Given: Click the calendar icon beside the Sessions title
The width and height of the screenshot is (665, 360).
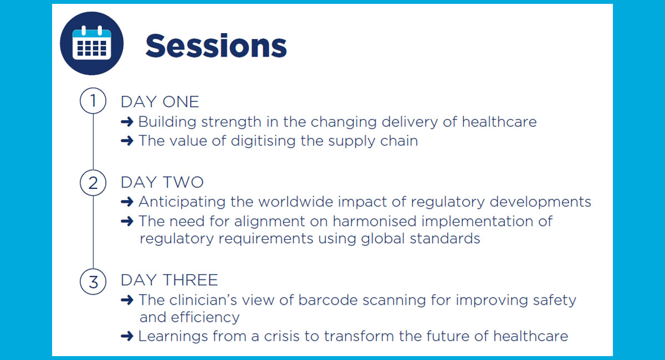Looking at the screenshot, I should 91,44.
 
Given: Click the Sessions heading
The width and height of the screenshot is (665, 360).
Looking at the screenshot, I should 216,45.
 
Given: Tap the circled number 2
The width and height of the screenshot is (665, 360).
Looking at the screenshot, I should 93,183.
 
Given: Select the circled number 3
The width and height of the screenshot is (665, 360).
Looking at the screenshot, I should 93,281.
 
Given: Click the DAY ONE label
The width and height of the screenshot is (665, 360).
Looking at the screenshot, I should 160,102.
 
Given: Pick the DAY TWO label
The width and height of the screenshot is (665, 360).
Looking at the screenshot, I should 162,183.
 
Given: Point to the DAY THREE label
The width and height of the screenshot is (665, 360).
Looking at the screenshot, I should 169,280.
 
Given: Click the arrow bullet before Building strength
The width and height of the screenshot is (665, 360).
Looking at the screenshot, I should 127,122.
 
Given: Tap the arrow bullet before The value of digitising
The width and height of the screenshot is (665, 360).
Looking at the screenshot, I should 127,141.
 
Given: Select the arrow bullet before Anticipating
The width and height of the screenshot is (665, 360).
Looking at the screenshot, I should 127,202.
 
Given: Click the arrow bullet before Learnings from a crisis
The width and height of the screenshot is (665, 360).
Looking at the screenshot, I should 127,336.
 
